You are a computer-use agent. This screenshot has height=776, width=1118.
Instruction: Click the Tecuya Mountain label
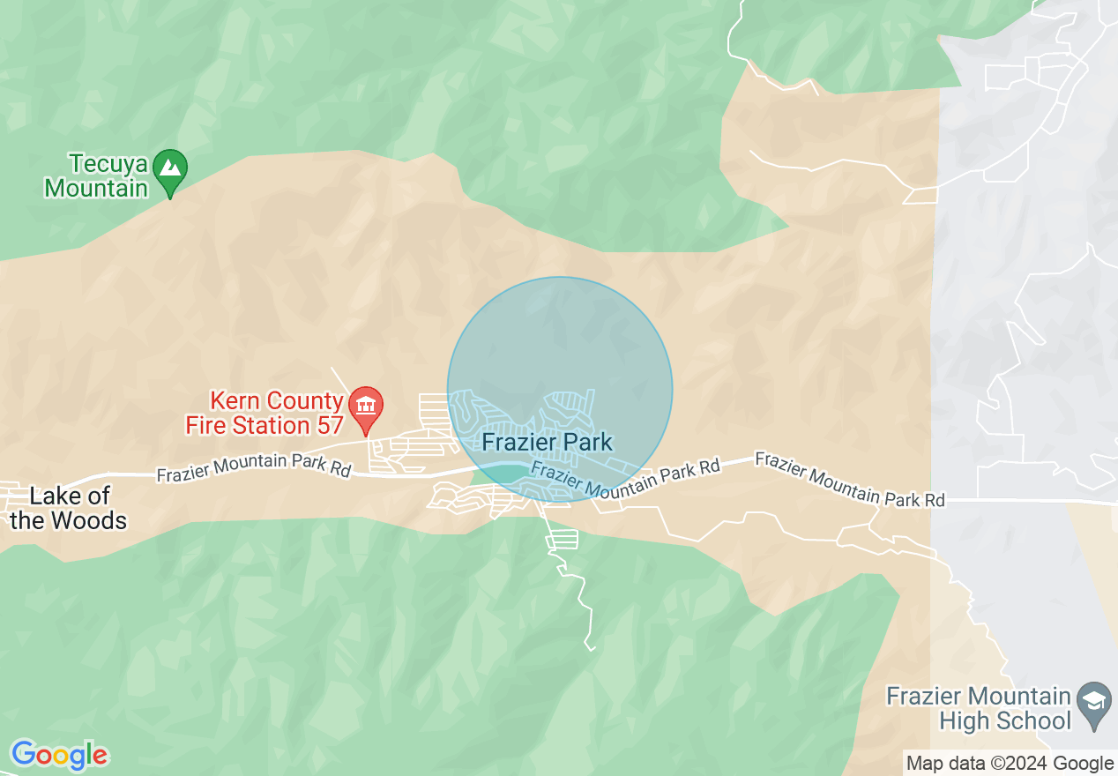(x=96, y=175)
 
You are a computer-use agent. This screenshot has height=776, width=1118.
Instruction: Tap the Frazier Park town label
(x=547, y=442)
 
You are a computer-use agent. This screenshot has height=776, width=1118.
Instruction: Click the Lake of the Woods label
(x=69, y=508)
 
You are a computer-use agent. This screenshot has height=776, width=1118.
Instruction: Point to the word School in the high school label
(x=1037, y=720)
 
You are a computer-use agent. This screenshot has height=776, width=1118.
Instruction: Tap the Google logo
(x=59, y=755)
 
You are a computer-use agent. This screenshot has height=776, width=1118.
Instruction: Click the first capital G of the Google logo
(x=24, y=755)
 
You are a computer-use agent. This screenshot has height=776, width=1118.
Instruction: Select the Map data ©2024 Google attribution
(x=1010, y=764)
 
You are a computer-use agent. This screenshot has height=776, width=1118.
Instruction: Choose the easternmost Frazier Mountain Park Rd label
(x=849, y=481)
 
